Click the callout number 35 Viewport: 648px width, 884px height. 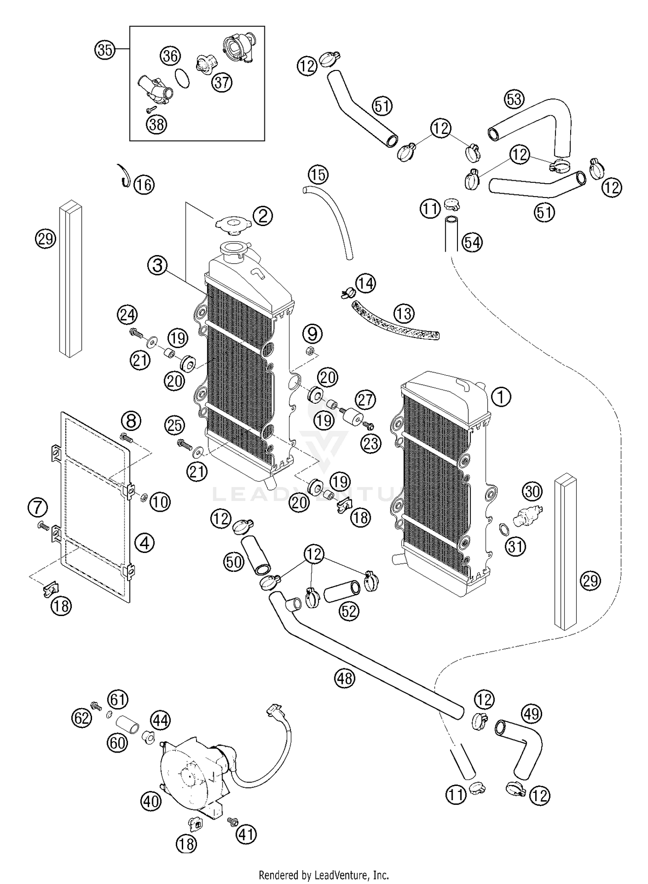(x=105, y=50)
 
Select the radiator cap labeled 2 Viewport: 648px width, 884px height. (x=232, y=226)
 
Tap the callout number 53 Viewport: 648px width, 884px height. (x=514, y=99)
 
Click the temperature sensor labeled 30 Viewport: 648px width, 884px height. (x=527, y=514)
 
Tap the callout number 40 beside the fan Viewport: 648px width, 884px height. (x=151, y=801)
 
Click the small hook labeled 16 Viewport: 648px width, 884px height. (x=125, y=176)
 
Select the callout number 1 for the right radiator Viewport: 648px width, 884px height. (x=501, y=396)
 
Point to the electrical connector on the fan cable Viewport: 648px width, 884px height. (x=275, y=709)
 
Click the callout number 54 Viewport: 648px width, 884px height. (x=472, y=243)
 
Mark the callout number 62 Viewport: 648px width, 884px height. (x=81, y=718)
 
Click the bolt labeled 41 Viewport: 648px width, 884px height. (x=232, y=820)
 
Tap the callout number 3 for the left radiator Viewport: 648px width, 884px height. (x=157, y=265)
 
